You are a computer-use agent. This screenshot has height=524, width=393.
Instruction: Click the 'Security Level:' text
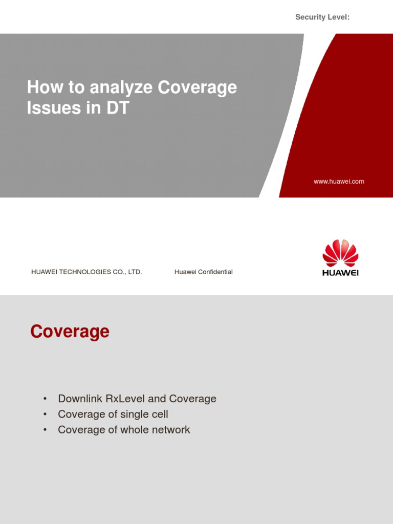(322, 17)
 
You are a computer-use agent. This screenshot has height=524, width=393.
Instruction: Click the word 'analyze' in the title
(121, 88)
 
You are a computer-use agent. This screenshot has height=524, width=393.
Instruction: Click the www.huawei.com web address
(339, 182)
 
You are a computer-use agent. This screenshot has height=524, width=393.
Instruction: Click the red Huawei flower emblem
(340, 253)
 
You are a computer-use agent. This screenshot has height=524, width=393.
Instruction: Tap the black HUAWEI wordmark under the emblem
(340, 273)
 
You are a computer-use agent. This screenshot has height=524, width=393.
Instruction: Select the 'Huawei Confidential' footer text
(204, 272)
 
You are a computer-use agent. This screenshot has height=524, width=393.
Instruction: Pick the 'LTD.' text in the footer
(135, 272)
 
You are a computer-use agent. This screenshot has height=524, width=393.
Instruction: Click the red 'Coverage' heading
(70, 332)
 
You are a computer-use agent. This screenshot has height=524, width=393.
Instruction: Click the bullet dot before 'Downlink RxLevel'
(45, 399)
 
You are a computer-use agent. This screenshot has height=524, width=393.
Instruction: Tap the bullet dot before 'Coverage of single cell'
(45, 414)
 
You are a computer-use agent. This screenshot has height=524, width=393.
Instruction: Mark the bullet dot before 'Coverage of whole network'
(45, 430)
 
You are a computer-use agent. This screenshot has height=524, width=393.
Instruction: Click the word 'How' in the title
(40, 88)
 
